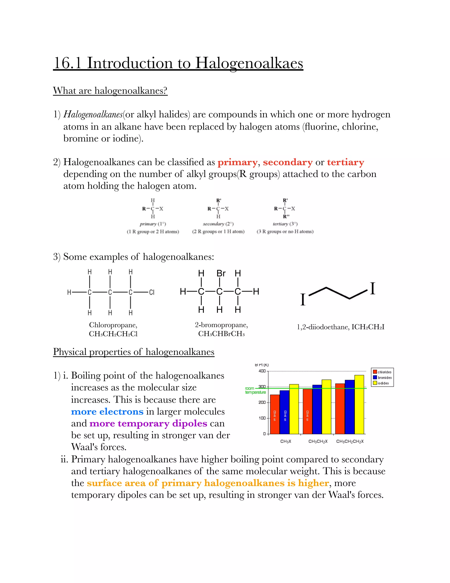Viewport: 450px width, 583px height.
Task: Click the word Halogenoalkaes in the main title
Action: [x=249, y=64]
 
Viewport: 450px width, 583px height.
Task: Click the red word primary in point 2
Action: [x=237, y=162]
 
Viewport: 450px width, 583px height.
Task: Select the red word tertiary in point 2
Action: [x=345, y=162]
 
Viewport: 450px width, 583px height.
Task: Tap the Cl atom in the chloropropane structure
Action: [x=151, y=292]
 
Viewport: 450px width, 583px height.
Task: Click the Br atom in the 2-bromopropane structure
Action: [x=221, y=273]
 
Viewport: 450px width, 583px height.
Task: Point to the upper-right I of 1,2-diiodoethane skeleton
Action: [x=372, y=289]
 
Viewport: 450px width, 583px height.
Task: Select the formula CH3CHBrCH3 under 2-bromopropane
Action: [x=221, y=334]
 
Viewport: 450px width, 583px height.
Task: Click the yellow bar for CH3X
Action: [x=294, y=409]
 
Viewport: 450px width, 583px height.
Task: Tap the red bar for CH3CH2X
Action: [x=307, y=411]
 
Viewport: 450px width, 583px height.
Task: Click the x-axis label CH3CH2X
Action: [x=318, y=442]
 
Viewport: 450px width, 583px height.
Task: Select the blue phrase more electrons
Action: [x=107, y=412]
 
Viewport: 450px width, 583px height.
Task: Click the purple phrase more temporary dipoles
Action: [x=148, y=424]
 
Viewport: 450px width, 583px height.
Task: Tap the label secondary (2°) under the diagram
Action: [x=218, y=224]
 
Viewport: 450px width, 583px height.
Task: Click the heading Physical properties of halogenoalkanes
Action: [x=134, y=352]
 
